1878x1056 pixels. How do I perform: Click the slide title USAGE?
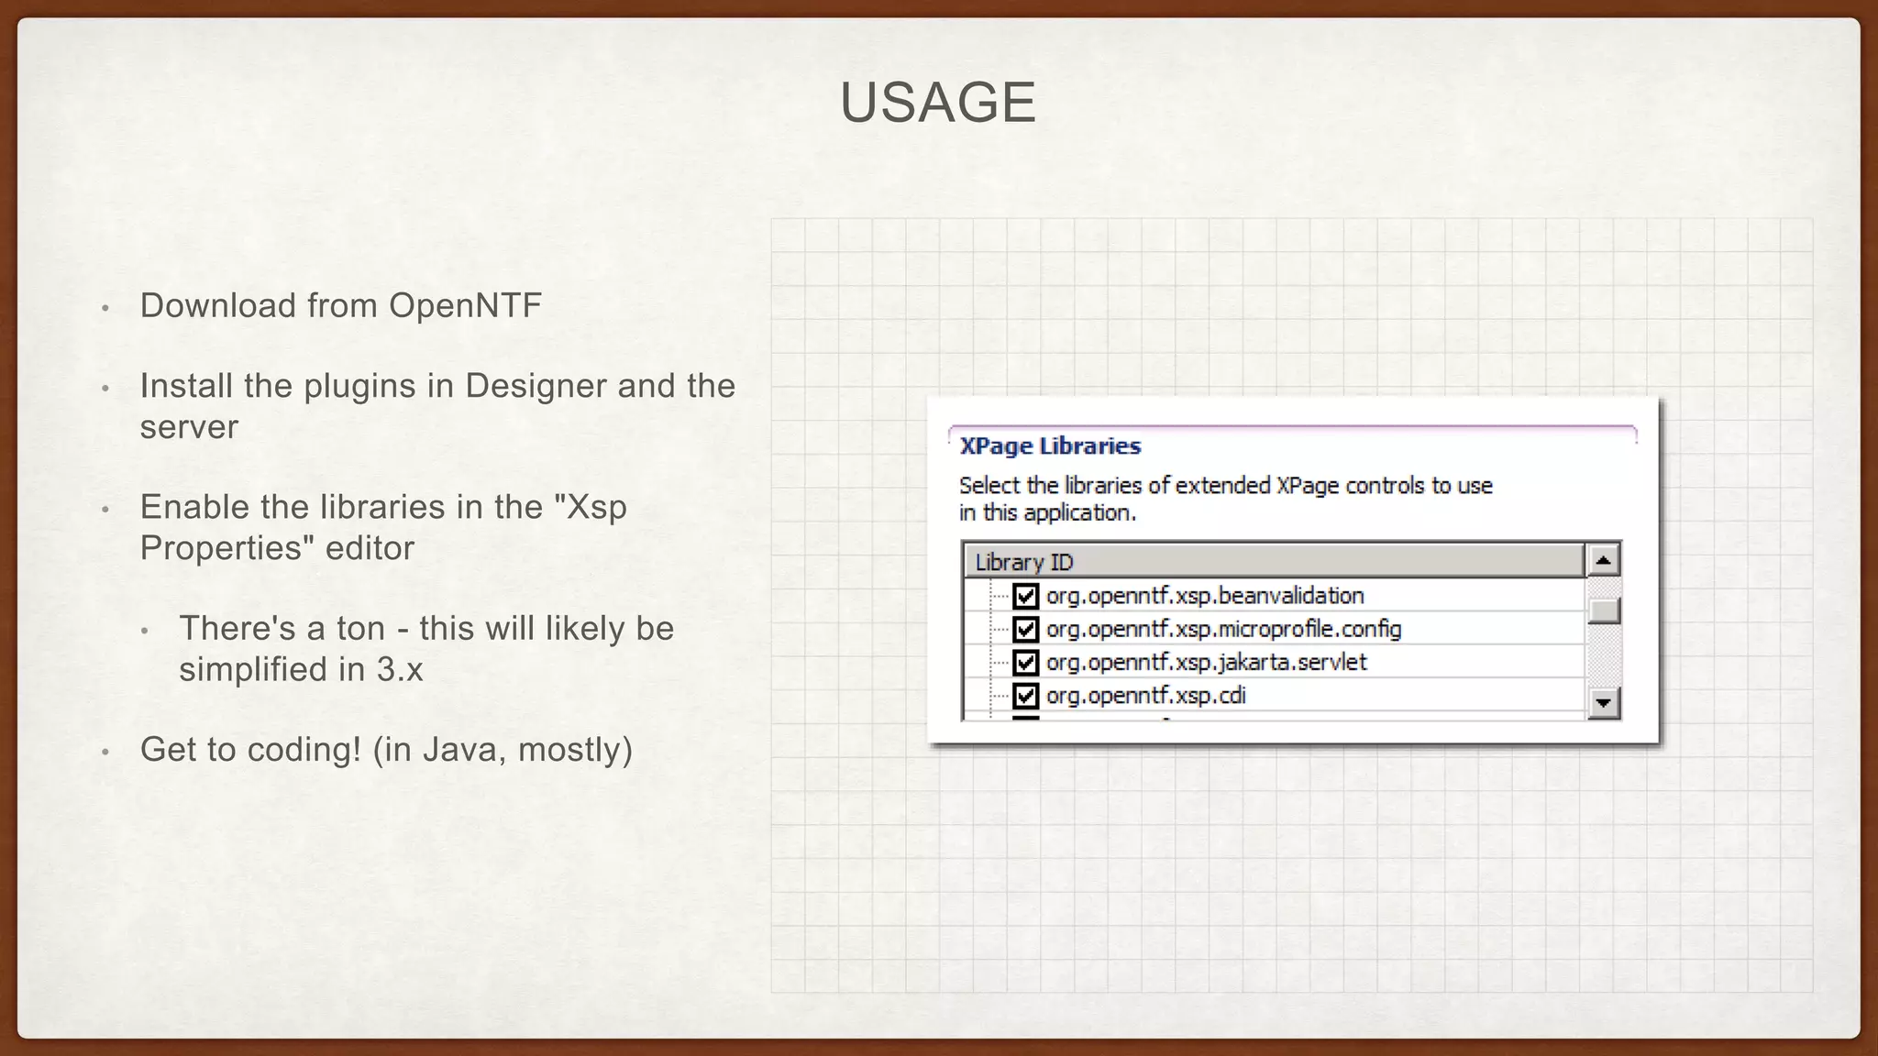(937, 102)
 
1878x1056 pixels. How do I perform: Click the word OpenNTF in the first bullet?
(465, 306)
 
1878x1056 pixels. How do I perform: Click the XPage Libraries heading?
(1050, 446)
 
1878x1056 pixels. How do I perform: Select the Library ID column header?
(1023, 562)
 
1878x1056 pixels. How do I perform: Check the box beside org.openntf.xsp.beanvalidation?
(1025, 596)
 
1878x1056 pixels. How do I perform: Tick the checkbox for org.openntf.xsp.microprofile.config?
(1025, 629)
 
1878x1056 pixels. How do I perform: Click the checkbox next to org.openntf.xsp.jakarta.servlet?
(1025, 662)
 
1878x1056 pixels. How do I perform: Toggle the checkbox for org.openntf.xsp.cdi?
(1025, 696)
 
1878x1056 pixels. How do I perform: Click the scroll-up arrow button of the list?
(1603, 560)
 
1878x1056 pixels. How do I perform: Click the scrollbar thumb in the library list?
(1603, 610)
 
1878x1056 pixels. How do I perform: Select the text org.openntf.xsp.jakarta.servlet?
(1206, 662)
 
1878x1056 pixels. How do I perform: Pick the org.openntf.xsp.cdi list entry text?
(1145, 696)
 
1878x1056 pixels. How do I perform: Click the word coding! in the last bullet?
(304, 750)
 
